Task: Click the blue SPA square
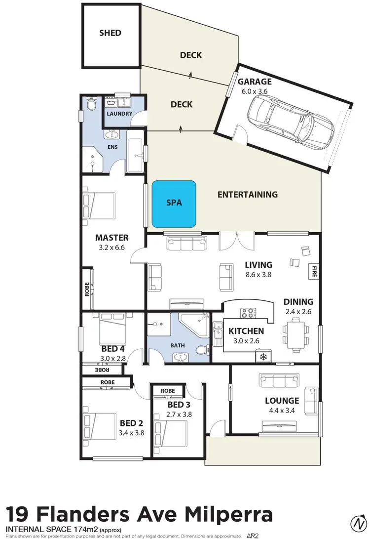click(x=174, y=205)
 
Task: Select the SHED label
click(x=110, y=33)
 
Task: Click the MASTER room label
click(x=112, y=238)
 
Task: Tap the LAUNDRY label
click(x=119, y=114)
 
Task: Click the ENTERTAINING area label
click(x=248, y=195)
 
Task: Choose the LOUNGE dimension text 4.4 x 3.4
click(x=282, y=410)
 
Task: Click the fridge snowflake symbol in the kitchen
click(x=263, y=356)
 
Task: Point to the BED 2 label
click(x=132, y=423)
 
